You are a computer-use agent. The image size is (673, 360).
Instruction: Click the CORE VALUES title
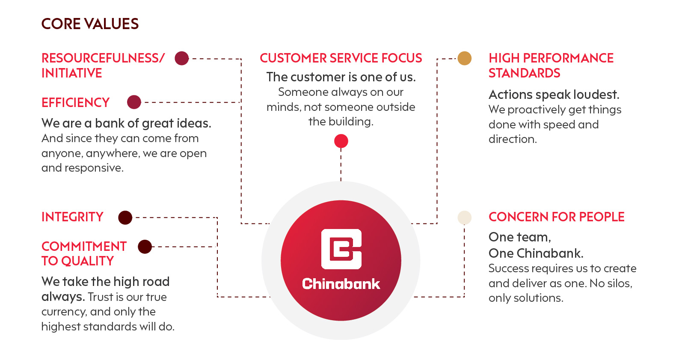pyautogui.click(x=90, y=24)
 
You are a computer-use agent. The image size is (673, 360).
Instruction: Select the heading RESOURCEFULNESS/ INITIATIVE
pyautogui.click(x=103, y=65)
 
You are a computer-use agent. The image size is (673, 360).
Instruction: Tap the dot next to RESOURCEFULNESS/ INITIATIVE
pyautogui.click(x=182, y=58)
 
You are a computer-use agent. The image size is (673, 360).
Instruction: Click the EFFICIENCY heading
pyautogui.click(x=76, y=103)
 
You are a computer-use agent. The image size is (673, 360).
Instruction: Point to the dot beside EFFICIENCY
pyautogui.click(x=134, y=102)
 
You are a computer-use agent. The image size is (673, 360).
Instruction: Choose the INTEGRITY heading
pyautogui.click(x=72, y=217)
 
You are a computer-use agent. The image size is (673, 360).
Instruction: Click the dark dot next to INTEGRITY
pyautogui.click(x=125, y=217)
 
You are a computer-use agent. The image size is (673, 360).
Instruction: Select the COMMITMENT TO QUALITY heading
pyautogui.click(x=84, y=253)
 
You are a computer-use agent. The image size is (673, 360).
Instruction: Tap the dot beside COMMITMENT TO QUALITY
pyautogui.click(x=145, y=247)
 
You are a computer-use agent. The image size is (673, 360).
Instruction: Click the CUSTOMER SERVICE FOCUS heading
pyautogui.click(x=341, y=58)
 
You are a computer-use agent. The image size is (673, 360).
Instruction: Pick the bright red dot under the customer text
pyautogui.click(x=341, y=141)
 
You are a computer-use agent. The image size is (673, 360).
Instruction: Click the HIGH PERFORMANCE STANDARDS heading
pyautogui.click(x=551, y=65)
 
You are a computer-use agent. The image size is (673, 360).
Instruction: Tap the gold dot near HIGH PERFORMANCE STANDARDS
pyautogui.click(x=465, y=58)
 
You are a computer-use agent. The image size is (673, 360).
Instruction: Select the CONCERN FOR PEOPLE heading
pyautogui.click(x=557, y=217)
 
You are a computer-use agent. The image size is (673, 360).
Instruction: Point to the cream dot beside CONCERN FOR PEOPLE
pyautogui.click(x=465, y=217)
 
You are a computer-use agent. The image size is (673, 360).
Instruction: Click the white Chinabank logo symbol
pyautogui.click(x=341, y=249)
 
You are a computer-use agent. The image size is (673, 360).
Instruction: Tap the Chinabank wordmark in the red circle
pyautogui.click(x=341, y=284)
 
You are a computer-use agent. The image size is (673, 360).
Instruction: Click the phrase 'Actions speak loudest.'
pyautogui.click(x=554, y=95)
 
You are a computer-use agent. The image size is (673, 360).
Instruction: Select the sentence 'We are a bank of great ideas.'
pyautogui.click(x=126, y=123)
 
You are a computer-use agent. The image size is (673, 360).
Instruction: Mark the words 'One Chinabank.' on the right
pyautogui.click(x=536, y=253)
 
